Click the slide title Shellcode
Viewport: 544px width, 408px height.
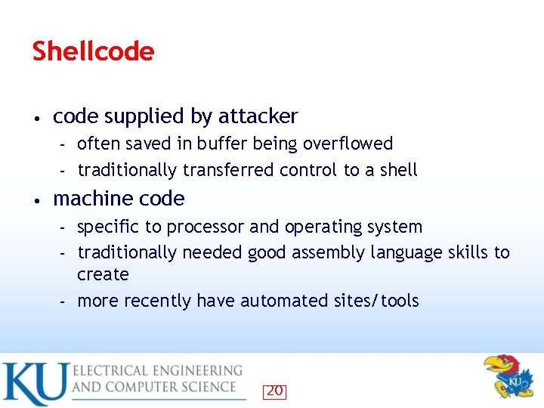coord(93,51)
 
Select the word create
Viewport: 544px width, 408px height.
coord(103,274)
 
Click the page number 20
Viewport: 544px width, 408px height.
coord(274,391)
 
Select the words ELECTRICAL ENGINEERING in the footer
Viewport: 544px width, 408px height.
coord(158,371)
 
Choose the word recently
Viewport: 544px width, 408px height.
coord(157,301)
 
